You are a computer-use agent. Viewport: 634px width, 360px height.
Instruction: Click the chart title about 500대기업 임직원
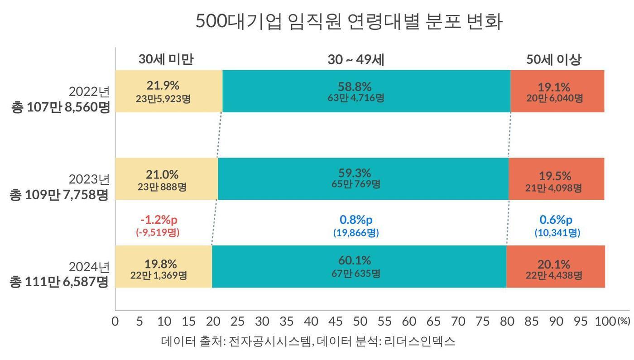(x=349, y=21)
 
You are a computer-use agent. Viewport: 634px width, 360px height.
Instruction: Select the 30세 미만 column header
(x=166, y=59)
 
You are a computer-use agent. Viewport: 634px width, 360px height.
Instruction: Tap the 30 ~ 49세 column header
(x=355, y=60)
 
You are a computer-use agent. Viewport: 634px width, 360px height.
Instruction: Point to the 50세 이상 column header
(x=553, y=59)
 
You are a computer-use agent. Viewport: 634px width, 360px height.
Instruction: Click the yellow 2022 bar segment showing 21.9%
(x=168, y=91)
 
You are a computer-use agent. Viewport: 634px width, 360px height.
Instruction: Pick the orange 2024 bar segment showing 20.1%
(x=556, y=266)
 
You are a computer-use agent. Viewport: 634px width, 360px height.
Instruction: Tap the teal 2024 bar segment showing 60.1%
(x=359, y=266)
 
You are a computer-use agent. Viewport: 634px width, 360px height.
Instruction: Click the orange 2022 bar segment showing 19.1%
(x=557, y=91)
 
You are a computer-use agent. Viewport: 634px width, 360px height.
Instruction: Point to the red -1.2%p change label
(x=158, y=220)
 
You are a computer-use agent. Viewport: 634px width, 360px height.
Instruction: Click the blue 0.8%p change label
(x=356, y=220)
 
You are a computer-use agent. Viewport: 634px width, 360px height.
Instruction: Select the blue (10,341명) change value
(x=557, y=233)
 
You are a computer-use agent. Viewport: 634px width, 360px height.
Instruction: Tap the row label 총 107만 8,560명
(x=60, y=108)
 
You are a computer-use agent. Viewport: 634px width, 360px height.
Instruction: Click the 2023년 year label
(x=89, y=179)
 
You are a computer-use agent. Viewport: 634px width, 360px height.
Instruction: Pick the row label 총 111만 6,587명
(x=59, y=282)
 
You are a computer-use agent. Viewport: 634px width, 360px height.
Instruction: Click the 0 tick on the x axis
(x=115, y=321)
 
